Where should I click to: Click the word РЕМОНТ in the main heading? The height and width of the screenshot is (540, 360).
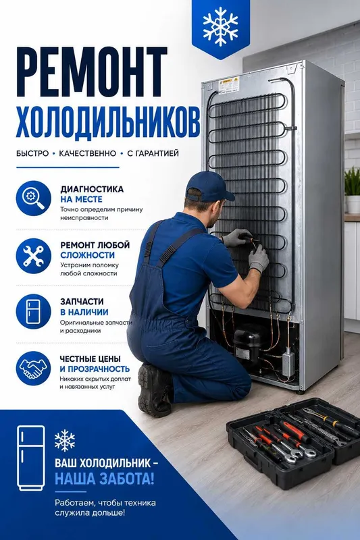[92, 72]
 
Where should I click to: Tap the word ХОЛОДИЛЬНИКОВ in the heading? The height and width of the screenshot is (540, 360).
[108, 122]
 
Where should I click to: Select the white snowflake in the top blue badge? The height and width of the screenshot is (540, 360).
[220, 26]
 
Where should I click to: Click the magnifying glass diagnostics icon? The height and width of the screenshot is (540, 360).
[33, 198]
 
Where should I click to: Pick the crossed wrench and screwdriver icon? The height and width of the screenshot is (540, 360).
[33, 256]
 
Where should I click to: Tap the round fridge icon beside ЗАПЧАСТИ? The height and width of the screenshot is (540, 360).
[33, 311]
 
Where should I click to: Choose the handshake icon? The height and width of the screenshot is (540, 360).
[33, 368]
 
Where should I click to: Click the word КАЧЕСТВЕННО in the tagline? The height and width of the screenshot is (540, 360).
[88, 153]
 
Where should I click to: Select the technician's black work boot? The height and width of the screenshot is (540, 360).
[155, 389]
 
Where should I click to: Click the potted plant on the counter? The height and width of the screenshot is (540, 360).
[353, 190]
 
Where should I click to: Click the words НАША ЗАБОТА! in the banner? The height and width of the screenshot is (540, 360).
[105, 479]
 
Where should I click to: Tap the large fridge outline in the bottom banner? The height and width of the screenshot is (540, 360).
[31, 458]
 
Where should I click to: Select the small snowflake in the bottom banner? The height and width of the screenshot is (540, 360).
[65, 441]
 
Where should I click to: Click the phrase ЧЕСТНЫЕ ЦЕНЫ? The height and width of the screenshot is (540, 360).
[91, 359]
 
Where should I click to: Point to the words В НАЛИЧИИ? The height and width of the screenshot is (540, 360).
[84, 312]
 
